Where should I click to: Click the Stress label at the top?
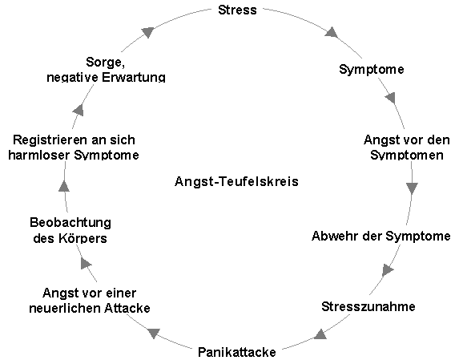(x=237, y=10)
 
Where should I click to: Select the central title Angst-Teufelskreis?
(x=236, y=181)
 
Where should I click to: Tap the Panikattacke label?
(x=237, y=352)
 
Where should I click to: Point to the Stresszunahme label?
(x=368, y=306)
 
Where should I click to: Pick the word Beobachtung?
(x=70, y=223)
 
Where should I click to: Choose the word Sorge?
(x=105, y=63)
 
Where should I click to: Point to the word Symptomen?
(x=407, y=155)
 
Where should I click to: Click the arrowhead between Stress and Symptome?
(x=332, y=32)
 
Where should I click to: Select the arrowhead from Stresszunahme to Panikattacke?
(x=320, y=334)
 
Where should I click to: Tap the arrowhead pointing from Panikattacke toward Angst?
(x=154, y=333)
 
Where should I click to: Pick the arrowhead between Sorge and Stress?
(x=148, y=32)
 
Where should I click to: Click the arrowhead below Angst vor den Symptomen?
(x=412, y=188)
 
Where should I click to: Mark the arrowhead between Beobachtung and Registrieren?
(x=64, y=186)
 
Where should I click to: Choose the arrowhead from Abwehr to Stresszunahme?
(x=388, y=270)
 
